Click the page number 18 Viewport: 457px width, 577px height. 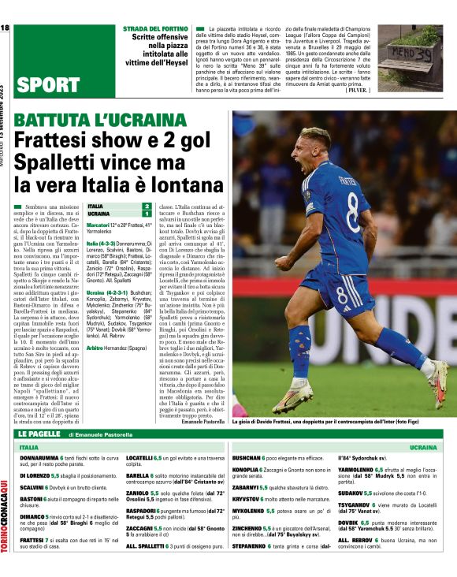[x=6, y=28]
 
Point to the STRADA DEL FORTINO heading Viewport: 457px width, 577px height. [x=155, y=28]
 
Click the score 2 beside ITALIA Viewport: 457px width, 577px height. [x=146, y=207]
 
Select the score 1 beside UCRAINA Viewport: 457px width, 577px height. [x=146, y=214]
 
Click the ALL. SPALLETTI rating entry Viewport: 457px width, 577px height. [x=150, y=546]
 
